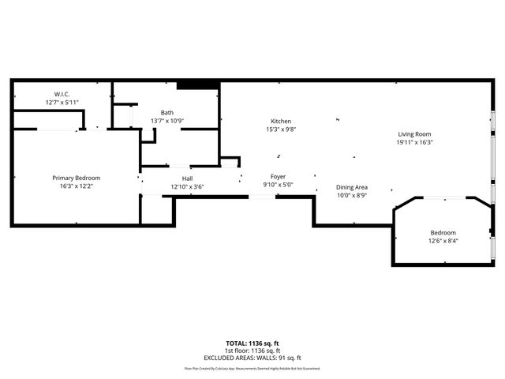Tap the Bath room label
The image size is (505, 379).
click(167, 112)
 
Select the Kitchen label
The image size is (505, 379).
click(282, 121)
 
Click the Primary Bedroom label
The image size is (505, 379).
click(77, 178)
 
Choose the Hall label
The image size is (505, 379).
click(188, 178)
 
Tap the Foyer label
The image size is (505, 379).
click(278, 176)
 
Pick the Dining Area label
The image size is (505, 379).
click(352, 187)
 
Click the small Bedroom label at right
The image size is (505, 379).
click(443, 232)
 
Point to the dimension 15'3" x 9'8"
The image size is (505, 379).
click(282, 129)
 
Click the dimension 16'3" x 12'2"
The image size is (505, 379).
click(77, 186)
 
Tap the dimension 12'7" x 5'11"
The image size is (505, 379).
click(61, 103)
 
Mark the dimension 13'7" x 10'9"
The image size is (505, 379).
click(167, 120)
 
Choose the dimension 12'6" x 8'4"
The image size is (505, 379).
click(443, 241)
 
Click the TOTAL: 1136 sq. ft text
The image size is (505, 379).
click(252, 343)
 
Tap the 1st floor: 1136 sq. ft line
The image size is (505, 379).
click(252, 351)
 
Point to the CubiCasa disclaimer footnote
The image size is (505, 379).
click(252, 368)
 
